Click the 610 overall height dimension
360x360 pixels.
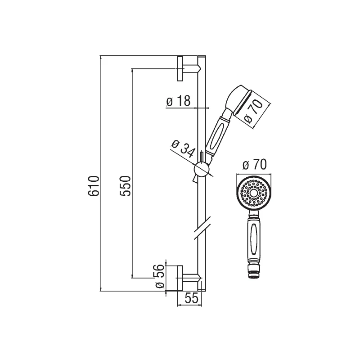[x=94, y=186]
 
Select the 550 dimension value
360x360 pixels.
[x=125, y=186]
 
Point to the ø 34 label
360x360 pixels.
[x=184, y=149]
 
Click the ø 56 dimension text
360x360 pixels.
[x=160, y=276]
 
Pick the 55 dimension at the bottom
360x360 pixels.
[x=192, y=298]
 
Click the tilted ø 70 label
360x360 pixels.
[x=253, y=111]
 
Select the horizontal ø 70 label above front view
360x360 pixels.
[x=255, y=165]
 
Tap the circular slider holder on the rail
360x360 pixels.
[x=202, y=169]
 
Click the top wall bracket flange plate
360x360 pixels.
[x=180, y=68]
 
